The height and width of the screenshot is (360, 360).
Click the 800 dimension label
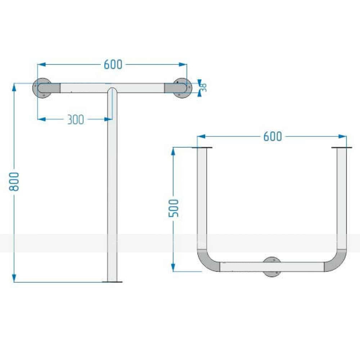point(14,181)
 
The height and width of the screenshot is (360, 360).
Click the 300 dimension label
point(76,120)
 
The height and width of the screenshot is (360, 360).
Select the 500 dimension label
point(174,208)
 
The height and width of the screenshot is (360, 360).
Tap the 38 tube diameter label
point(203,88)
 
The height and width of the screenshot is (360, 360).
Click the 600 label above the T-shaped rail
point(113,64)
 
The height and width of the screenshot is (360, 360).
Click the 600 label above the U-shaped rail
point(273,136)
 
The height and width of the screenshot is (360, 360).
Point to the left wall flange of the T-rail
point(42,88)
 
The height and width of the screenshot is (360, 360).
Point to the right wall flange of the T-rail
point(183,88)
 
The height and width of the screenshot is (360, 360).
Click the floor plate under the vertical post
point(112,282)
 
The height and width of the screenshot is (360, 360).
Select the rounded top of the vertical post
point(112,90)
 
